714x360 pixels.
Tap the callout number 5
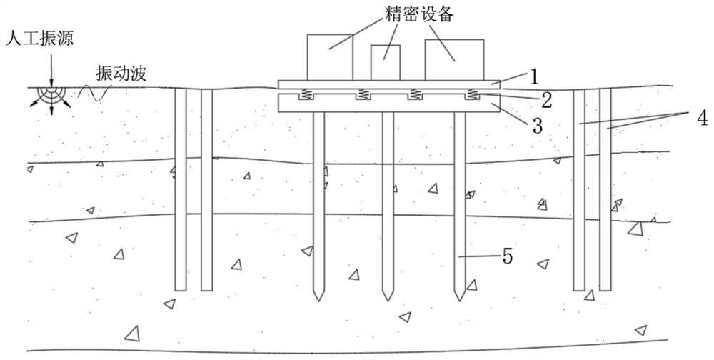(507, 256)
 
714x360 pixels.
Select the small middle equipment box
(385, 62)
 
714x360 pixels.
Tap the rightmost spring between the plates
(471, 94)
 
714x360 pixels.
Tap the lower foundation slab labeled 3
(386, 104)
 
